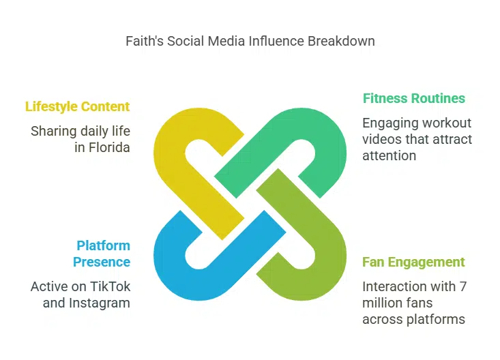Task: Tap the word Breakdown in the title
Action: tap(341, 41)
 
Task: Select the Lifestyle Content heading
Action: tap(77, 106)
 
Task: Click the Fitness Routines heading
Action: tap(413, 98)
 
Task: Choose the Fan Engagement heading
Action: tap(413, 262)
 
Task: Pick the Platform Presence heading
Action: tap(102, 254)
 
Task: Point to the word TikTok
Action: tap(110, 286)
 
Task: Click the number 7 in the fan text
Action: tap(462, 286)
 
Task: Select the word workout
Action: tap(447, 123)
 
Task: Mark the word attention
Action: tap(389, 155)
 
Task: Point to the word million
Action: tap(383, 303)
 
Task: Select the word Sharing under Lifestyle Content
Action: tap(54, 131)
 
